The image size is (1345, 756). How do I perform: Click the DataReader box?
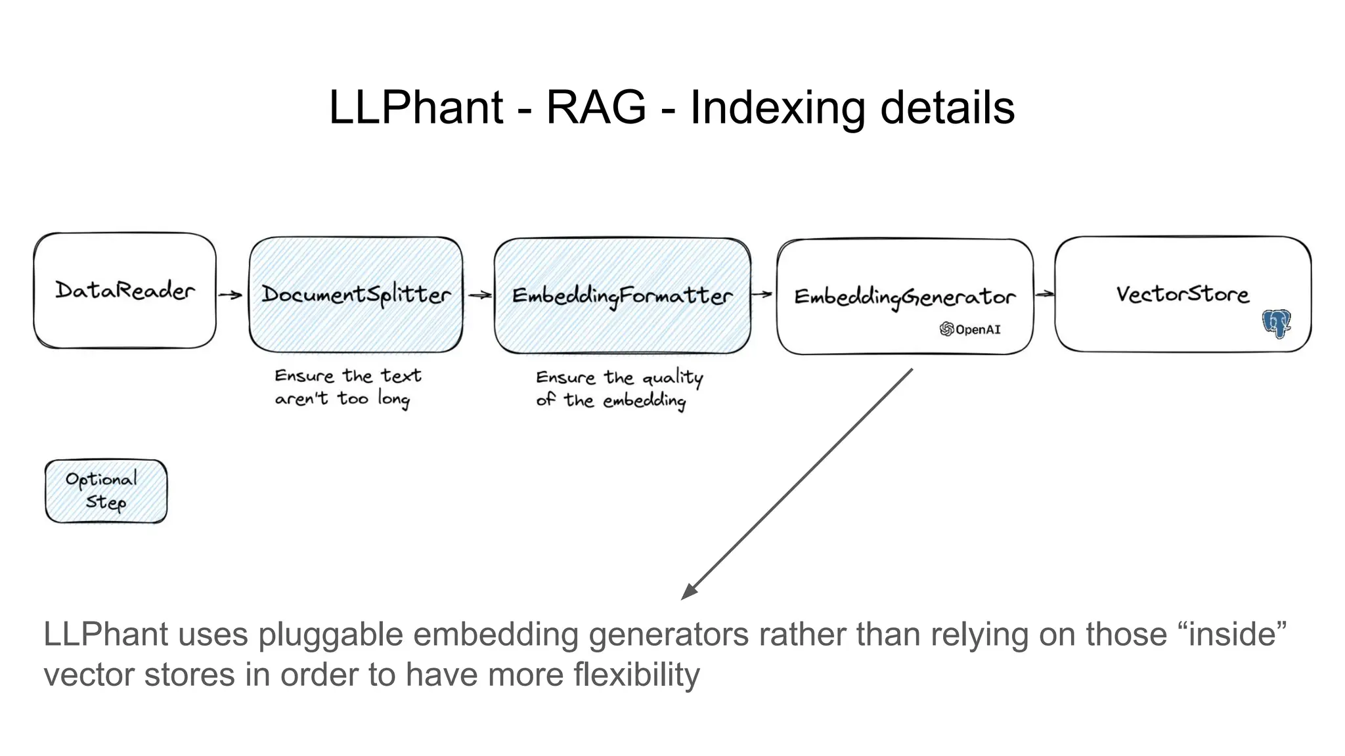coord(125,290)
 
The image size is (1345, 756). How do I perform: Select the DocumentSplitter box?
coord(356,295)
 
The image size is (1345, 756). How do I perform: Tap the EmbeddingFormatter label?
coord(622,297)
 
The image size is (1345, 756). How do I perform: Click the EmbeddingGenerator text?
coord(904,297)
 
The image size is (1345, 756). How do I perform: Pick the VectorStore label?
coord(1182,294)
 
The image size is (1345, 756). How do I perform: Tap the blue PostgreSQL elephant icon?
coord(1276,324)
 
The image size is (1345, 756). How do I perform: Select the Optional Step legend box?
coord(106,491)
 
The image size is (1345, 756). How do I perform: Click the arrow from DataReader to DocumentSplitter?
coord(231,295)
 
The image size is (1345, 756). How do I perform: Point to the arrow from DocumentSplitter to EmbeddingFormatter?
coord(479,295)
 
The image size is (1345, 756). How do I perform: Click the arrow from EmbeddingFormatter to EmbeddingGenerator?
coord(762,295)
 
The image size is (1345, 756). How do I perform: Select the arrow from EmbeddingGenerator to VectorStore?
coord(1044,294)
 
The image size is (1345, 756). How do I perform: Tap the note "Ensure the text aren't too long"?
coord(347,387)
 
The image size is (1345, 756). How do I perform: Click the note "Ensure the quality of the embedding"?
coord(619,388)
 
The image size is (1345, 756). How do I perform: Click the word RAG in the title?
coord(596,108)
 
